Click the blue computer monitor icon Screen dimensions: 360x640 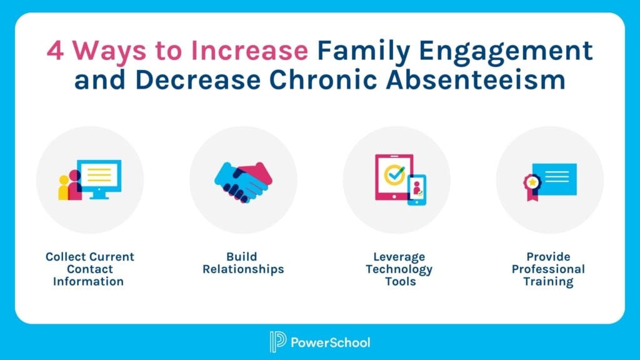[102, 177]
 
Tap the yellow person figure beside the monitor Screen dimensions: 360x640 [64, 188]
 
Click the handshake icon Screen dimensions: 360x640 [243, 180]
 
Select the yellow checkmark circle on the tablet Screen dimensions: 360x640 [394, 176]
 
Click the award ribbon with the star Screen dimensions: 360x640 [532, 185]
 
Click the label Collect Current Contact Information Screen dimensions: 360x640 [89, 269]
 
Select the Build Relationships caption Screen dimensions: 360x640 [242, 263]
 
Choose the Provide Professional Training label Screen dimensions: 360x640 [548, 269]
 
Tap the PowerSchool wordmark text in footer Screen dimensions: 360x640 [331, 342]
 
